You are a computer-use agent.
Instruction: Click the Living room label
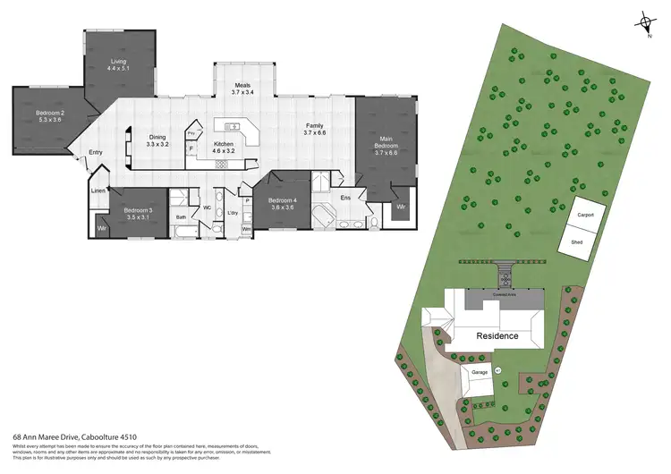point(118,63)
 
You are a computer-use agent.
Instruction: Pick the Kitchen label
point(223,148)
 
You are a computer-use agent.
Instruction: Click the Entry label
point(95,153)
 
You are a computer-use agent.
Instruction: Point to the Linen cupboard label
point(98,191)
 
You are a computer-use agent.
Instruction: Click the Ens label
point(345,197)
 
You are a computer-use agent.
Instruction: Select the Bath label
point(181,216)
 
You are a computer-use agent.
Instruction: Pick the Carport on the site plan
point(586,216)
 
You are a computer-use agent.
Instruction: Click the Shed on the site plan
point(578,241)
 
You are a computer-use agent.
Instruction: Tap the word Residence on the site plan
point(497,336)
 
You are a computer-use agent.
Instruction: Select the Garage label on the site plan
point(479,369)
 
